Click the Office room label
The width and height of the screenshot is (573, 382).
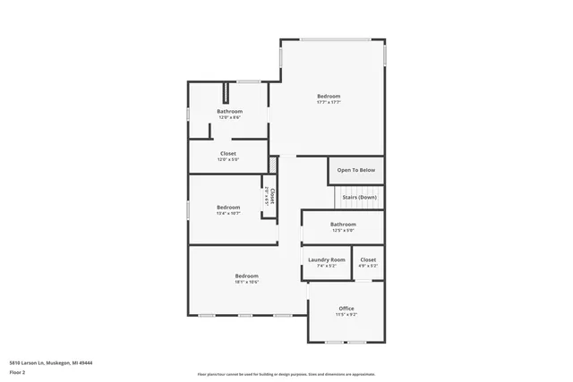point(346,308)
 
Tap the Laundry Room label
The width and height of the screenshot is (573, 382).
point(326,259)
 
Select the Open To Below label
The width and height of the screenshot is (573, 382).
point(356,170)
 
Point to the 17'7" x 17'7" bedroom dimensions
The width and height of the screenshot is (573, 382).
point(329,102)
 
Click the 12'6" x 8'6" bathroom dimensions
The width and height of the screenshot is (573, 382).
point(229,117)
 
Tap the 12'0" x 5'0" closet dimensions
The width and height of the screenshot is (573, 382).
point(228,159)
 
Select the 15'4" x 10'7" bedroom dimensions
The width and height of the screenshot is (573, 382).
point(228,213)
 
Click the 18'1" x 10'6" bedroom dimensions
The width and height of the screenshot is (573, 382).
point(246,282)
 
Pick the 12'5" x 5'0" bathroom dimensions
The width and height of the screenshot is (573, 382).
point(343,230)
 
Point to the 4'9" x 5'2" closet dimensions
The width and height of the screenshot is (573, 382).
point(368,266)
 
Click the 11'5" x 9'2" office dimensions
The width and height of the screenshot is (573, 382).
point(346,314)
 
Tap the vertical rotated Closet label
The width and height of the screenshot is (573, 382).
point(273,195)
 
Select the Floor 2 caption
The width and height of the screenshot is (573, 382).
point(18,371)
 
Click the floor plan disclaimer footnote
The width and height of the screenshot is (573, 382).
point(286,375)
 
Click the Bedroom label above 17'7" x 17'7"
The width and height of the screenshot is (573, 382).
point(329,96)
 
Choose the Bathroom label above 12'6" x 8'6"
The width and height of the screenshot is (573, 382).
point(229,111)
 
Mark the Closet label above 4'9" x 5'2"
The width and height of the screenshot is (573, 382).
point(368,259)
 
